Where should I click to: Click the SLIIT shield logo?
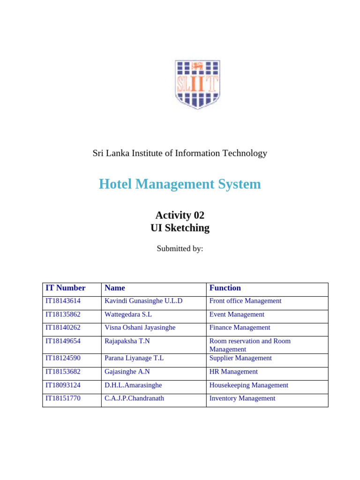[x=197, y=84]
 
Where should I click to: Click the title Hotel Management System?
[x=180, y=184]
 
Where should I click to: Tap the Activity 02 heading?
[x=180, y=215]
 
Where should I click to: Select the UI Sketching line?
[x=180, y=228]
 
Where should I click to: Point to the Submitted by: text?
[x=180, y=248]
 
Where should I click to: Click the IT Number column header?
[x=65, y=288]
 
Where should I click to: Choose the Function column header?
[x=225, y=288]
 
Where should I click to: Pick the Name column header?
[x=115, y=288]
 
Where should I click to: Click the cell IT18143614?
[x=63, y=301]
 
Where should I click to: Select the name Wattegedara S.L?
[x=128, y=315]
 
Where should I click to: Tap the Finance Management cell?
[x=240, y=328]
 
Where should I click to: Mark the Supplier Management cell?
[x=240, y=358]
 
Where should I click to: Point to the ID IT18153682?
[x=63, y=372]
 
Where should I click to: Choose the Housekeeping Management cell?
[x=248, y=385]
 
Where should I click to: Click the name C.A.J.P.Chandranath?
[x=134, y=398]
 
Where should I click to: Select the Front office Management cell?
[x=245, y=301]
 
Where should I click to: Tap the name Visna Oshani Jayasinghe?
[x=140, y=328]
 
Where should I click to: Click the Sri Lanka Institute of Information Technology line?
[x=180, y=153]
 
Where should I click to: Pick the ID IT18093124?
[x=63, y=385]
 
